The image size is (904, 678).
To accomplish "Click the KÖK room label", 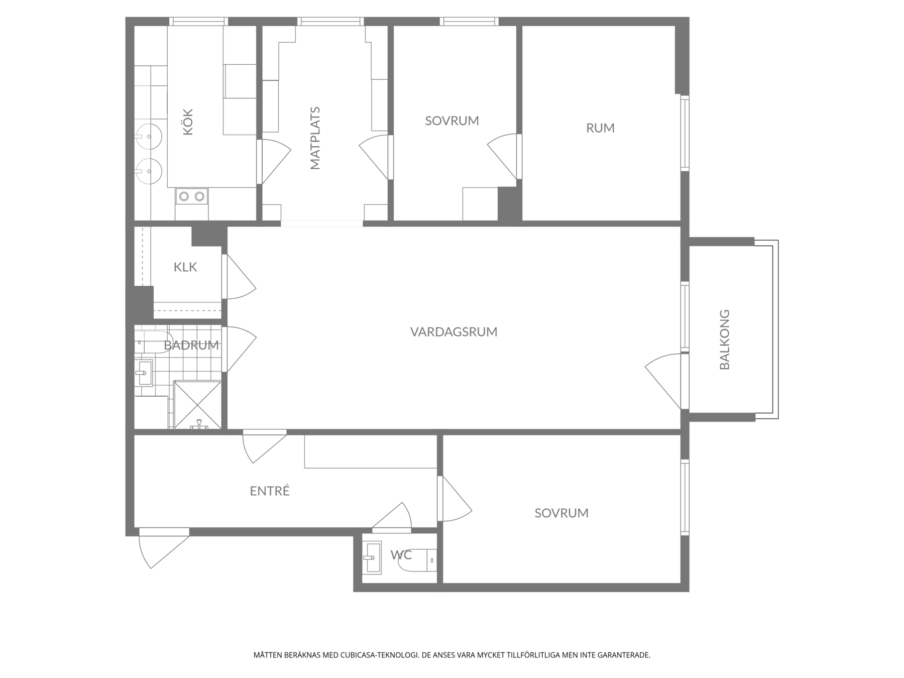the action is pos(188,122).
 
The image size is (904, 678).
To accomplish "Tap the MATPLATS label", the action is pos(315,138).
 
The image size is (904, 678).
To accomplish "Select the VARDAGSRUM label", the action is pos(454,332).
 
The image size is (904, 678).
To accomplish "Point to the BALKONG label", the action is pos(725,340).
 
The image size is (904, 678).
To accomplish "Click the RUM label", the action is pos(600,128).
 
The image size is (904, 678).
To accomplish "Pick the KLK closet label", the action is pos(185,267).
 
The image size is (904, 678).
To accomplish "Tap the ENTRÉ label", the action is pos(270,491).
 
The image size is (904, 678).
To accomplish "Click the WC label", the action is pos(401,555).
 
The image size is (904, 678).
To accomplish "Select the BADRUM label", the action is pos(191,346).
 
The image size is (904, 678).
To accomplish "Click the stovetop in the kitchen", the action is pos(191,196).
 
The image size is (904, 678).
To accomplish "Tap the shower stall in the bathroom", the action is pos(197,405).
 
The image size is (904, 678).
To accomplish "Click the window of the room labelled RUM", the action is pos(685,133).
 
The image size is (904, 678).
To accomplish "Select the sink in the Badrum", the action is pos(144,373).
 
